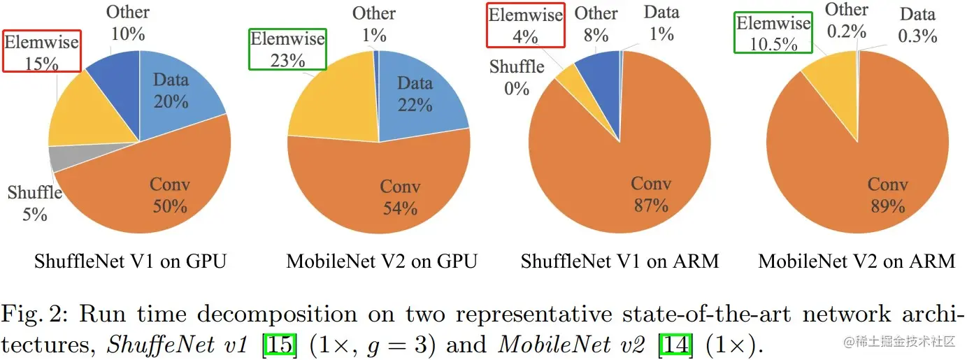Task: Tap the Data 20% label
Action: (171, 91)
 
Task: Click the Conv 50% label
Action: (171, 196)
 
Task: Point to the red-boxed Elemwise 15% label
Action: (41, 51)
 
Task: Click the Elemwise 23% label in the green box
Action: (288, 50)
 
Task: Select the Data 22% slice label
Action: (415, 95)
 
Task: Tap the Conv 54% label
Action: (400, 198)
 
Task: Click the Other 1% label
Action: (373, 22)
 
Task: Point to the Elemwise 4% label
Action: (525, 27)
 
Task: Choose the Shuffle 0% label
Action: (517, 78)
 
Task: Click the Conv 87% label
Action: (651, 194)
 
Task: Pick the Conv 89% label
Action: (888, 196)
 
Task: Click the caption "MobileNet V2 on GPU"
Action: (382, 262)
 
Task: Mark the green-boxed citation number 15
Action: (280, 345)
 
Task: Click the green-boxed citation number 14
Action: (675, 345)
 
